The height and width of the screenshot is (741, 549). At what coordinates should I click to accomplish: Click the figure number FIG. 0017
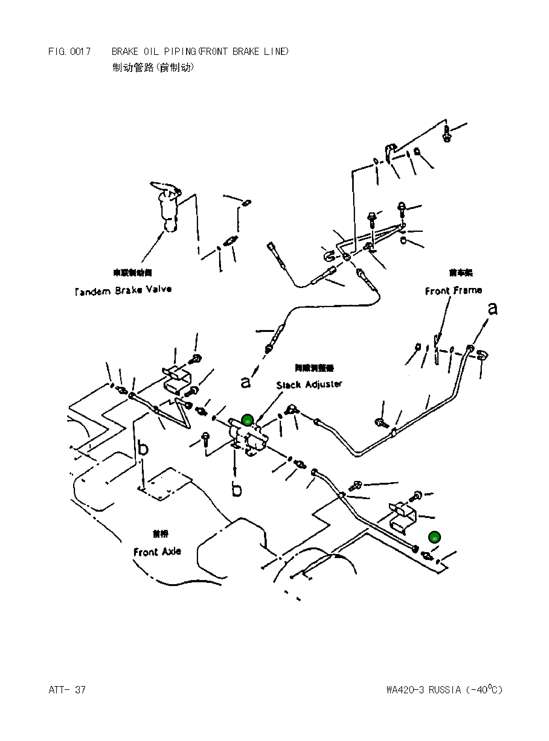[69, 51]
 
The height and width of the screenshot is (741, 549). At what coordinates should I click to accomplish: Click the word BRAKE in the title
[125, 51]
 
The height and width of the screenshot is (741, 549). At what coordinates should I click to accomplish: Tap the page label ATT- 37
[67, 690]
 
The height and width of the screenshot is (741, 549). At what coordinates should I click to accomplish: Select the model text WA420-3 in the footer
[405, 690]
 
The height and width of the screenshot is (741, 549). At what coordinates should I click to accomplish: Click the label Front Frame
[453, 291]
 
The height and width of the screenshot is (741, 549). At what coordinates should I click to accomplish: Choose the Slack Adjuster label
[309, 385]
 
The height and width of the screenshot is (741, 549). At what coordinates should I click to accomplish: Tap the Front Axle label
[157, 552]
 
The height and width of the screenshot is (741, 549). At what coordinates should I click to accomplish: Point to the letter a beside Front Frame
[492, 309]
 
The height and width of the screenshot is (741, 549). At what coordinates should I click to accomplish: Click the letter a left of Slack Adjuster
[245, 382]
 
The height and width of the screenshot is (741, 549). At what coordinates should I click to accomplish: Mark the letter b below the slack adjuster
[237, 489]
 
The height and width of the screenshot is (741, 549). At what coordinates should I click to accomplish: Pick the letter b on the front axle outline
[143, 448]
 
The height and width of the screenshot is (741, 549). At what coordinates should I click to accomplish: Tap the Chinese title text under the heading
[153, 67]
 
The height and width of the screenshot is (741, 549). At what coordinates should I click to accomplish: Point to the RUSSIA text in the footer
[445, 690]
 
